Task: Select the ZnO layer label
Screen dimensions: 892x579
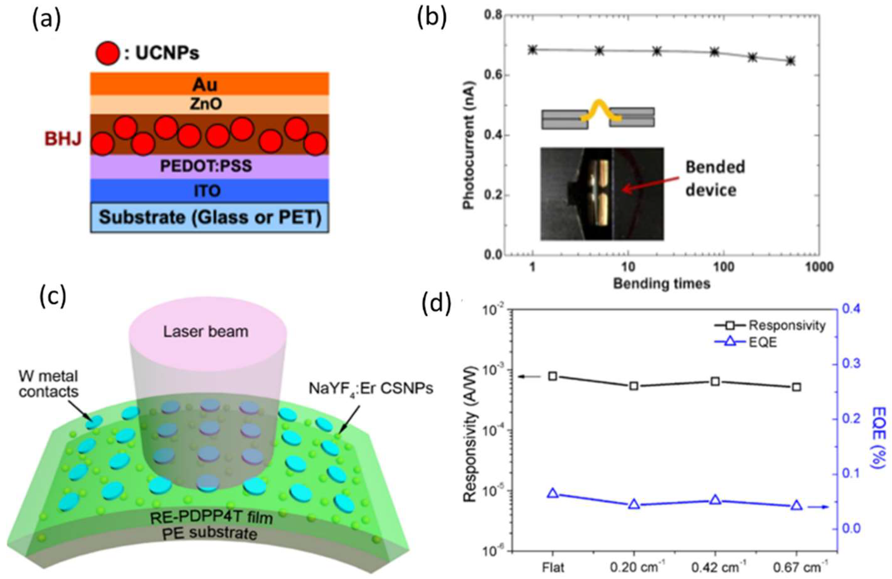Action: pos(205,104)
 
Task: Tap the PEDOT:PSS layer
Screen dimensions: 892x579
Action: pos(205,166)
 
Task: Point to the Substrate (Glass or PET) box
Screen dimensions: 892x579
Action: pos(210,218)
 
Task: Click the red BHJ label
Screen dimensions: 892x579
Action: pos(63,139)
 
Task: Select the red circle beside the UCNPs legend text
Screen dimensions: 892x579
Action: pos(108,54)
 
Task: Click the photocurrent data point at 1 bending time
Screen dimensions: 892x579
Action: pos(532,50)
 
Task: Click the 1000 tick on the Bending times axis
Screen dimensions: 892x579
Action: pos(820,268)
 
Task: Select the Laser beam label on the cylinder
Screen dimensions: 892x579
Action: pos(206,331)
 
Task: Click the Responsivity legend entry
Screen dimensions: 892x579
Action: pos(787,326)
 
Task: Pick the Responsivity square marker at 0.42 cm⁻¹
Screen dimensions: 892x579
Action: pos(715,382)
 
